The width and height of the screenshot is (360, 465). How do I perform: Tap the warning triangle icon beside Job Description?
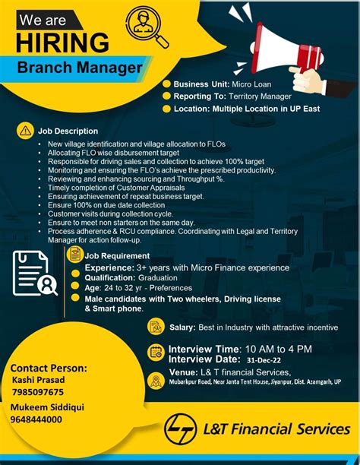pyautogui.click(x=27, y=131)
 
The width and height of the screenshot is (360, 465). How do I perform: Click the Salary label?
pyautogui.click(x=183, y=327)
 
